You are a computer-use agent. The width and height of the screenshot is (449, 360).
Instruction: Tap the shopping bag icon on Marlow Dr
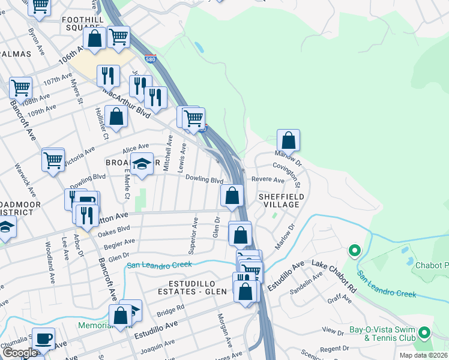click(288, 140)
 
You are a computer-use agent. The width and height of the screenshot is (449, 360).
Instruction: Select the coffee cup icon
click(43, 338)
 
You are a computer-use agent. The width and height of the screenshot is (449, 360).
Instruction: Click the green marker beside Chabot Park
click(354, 250)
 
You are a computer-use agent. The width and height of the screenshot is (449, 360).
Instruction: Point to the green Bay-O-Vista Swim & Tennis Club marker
click(425, 332)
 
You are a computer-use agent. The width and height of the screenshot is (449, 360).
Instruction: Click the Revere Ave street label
click(268, 179)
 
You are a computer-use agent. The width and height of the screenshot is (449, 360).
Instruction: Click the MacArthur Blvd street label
click(126, 102)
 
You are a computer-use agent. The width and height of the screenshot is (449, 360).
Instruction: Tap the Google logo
click(19, 353)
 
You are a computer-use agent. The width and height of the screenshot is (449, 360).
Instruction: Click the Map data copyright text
click(424, 355)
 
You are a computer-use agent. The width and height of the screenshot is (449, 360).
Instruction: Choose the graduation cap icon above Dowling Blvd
click(142, 164)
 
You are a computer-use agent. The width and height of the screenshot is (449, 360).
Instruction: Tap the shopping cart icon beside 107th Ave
click(20, 88)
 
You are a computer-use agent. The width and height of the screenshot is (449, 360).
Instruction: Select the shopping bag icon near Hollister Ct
click(116, 116)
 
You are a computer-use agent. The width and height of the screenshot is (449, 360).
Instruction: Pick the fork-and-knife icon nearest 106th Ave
click(107, 76)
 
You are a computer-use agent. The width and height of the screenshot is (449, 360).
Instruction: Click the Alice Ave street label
click(135, 148)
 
